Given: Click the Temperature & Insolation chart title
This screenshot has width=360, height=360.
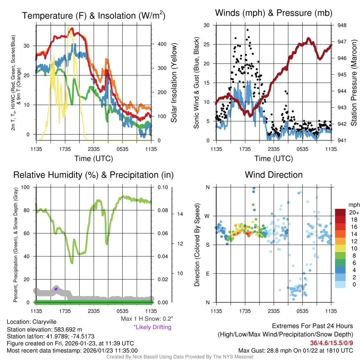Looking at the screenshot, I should [94, 16].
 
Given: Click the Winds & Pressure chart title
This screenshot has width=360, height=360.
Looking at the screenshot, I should [274, 13].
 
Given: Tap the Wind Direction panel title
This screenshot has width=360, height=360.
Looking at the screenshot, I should [274, 175].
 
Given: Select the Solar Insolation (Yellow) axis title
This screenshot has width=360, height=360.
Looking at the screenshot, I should [174, 83].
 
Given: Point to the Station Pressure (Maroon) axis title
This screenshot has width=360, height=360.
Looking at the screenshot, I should [354, 83].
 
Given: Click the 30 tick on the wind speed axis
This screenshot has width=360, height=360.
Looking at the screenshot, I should [207, 25].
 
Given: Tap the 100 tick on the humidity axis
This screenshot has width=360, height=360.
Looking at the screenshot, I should [25, 187].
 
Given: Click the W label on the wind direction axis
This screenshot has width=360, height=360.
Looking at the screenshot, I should [207, 216].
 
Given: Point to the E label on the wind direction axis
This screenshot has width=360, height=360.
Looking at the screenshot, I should [207, 274].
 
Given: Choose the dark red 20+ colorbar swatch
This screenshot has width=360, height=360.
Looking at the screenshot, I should [341, 212].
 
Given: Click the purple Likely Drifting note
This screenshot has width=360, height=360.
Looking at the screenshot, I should [152, 327].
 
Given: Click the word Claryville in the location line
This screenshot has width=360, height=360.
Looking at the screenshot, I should [44, 322].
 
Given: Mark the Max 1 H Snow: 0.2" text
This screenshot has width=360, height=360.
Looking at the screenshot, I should [147, 319].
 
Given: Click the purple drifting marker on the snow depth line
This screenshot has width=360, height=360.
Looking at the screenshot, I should [56, 289].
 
